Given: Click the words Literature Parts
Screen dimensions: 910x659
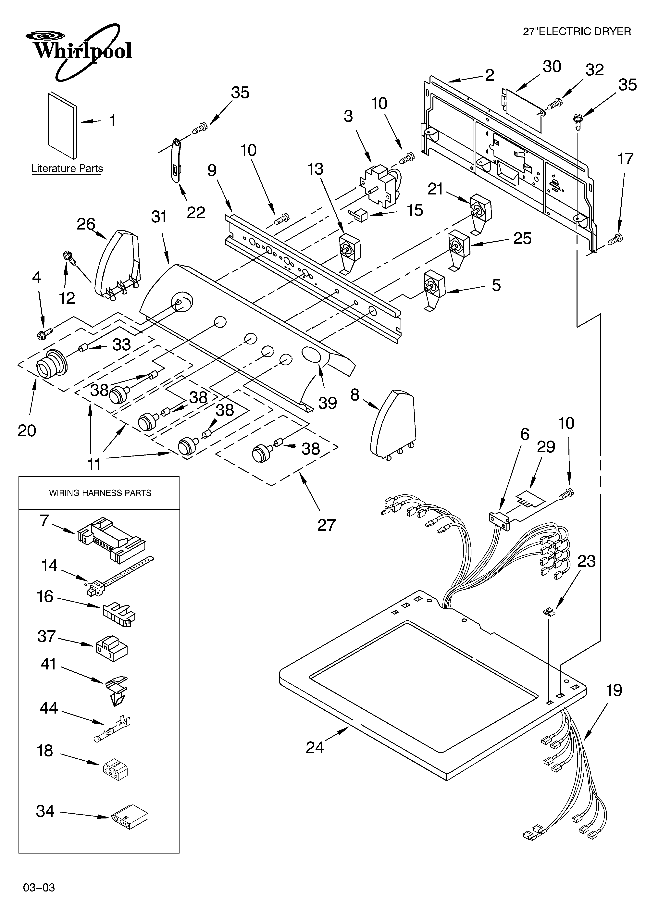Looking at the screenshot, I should pyautogui.click(x=67, y=168).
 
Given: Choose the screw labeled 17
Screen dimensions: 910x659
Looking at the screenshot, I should pyautogui.click(x=615, y=240).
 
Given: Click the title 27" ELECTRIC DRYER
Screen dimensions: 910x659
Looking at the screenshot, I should pyautogui.click(x=577, y=31).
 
